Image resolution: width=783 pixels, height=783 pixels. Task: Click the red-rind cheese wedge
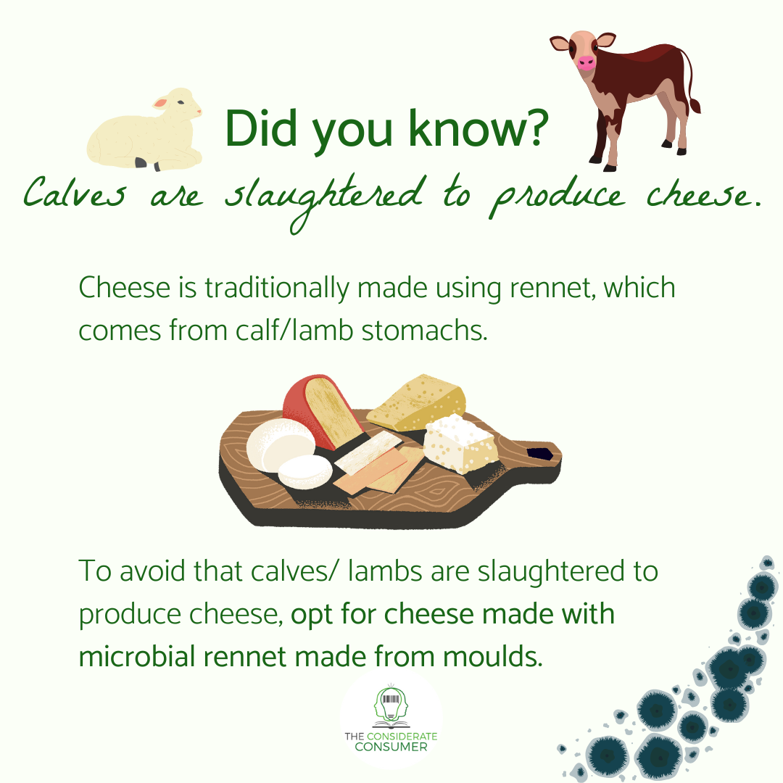coord(319,410)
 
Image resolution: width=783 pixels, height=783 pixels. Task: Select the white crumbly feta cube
coord(460,442)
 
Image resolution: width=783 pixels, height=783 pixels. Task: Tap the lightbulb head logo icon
coord(391,707)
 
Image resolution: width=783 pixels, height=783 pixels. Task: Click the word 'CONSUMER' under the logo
coord(391,747)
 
